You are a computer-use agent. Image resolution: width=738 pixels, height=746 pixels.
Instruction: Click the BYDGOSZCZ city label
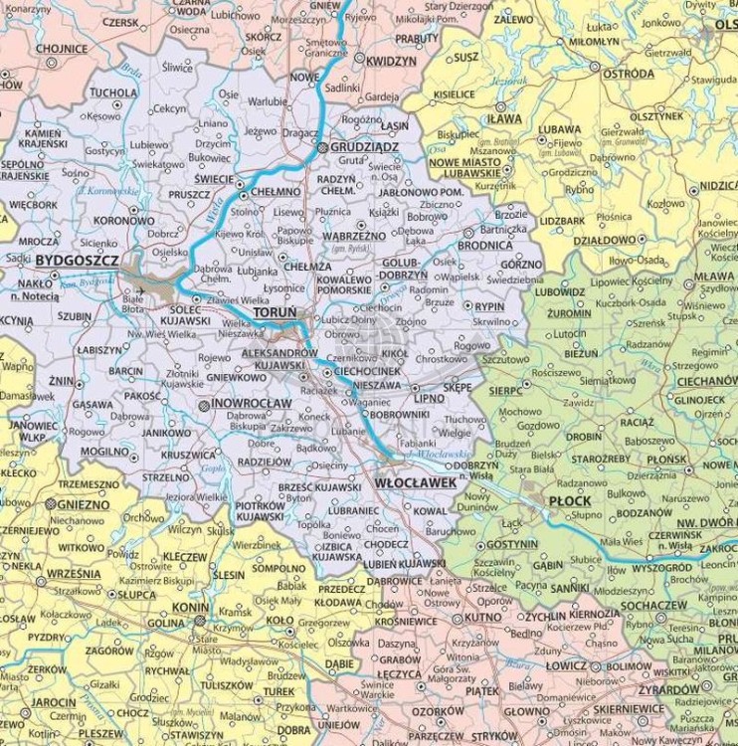[x=77, y=261]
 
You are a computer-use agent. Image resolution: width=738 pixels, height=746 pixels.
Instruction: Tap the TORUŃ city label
[x=276, y=312]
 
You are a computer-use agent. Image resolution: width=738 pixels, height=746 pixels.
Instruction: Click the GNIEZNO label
[x=82, y=504]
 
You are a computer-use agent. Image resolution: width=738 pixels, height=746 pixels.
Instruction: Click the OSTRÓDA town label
[x=628, y=74]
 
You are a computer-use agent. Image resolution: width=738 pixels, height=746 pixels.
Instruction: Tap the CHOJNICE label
[x=62, y=48]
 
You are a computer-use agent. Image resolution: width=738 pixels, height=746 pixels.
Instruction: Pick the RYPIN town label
[x=489, y=307]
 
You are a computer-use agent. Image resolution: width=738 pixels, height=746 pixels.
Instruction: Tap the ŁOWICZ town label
[x=567, y=664]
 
